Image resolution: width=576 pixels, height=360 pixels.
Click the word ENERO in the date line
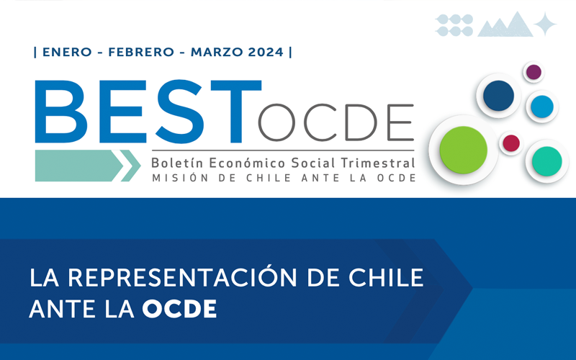[67, 52]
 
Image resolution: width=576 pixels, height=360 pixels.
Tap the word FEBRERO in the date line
[141, 52]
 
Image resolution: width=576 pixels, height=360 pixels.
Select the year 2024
[266, 52]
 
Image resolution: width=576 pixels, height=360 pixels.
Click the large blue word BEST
[148, 112]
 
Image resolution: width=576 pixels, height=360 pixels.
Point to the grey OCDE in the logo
[336, 122]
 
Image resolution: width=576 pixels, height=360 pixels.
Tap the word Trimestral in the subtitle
[378, 163]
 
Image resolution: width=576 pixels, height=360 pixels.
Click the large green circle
[463, 150]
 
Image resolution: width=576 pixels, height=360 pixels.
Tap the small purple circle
[534, 72]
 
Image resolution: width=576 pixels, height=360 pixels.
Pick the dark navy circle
[498, 96]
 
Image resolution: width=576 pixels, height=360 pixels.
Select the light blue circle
[542, 107]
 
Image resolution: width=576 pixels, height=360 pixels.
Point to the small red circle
[511, 143]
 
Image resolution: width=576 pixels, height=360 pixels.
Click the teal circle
[547, 161]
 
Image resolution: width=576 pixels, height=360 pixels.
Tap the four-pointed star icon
[545, 24]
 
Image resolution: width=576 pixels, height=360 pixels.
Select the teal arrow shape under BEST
[88, 166]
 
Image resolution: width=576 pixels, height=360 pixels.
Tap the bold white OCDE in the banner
[179, 309]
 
